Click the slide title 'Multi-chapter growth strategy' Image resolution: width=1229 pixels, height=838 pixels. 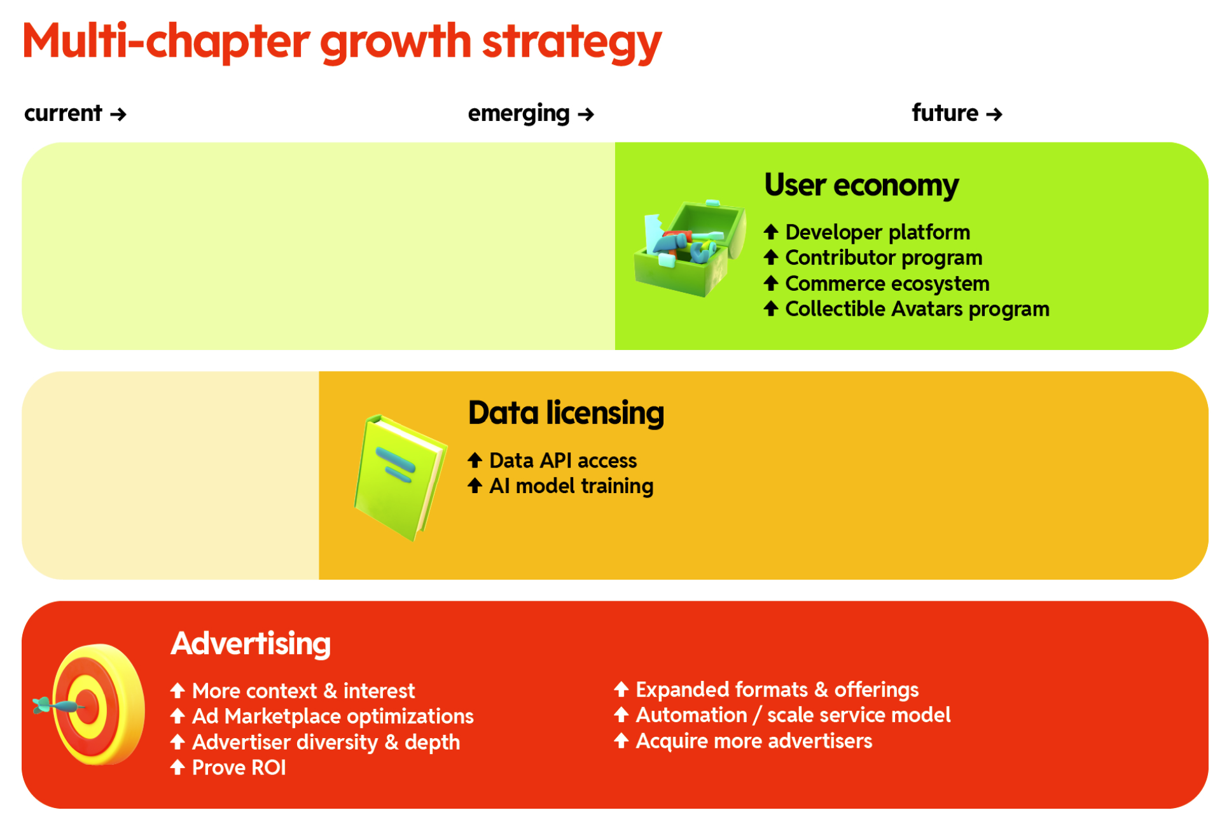coord(342,42)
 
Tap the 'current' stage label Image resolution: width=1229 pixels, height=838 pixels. coord(63,113)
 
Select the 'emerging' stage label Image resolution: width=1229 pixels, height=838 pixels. coord(518,114)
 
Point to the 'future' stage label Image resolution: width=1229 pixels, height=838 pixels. coord(945,113)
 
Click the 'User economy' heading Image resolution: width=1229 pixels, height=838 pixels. coord(861,185)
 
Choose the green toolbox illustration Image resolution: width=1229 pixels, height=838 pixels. coord(690,248)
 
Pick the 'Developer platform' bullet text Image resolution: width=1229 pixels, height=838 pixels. coord(878,232)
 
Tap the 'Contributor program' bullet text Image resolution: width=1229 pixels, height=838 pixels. coord(884,258)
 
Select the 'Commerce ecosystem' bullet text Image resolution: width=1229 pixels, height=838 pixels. coord(887,283)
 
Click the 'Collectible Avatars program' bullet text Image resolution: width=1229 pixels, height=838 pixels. coord(917,309)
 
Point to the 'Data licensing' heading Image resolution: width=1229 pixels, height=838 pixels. coord(566,413)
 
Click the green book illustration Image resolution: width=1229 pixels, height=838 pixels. coord(400,478)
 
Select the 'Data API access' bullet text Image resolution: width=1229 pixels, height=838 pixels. coord(563,460)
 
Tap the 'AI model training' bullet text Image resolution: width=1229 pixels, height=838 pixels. coord(571,486)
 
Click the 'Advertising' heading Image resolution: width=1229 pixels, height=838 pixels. coord(251,643)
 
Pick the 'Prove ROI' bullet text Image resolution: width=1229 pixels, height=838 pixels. coord(239,767)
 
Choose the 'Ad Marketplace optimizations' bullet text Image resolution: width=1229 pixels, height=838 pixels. coord(333,716)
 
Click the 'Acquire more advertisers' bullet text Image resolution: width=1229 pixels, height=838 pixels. coord(754,741)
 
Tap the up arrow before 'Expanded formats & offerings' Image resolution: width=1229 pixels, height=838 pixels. coord(621,689)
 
